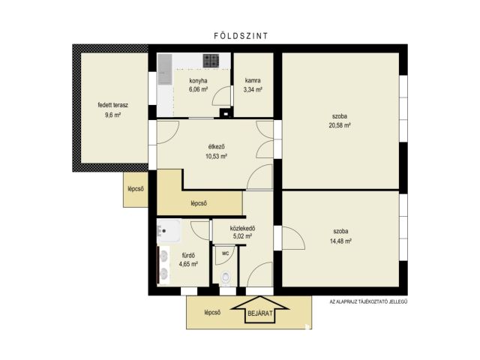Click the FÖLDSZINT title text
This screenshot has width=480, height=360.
point(241,36)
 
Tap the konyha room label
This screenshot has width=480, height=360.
point(198,81)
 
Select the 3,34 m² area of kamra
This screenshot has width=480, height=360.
point(253,90)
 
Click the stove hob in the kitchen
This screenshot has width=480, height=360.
point(211,61)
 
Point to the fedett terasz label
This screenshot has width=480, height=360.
point(113,105)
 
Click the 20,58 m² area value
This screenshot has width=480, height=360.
point(340,125)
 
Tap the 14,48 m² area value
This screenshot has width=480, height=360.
point(340,241)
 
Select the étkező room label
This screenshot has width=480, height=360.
point(217,147)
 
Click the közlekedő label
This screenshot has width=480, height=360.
point(242,228)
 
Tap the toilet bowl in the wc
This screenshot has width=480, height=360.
point(226,277)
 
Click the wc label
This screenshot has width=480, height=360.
point(225,253)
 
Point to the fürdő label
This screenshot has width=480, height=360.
point(188,255)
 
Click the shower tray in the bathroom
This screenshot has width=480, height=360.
point(168,231)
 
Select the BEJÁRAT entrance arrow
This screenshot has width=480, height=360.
point(260,310)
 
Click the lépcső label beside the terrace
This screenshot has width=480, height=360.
point(136,189)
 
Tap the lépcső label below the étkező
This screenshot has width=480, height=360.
point(199,203)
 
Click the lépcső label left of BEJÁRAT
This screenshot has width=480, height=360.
point(212,313)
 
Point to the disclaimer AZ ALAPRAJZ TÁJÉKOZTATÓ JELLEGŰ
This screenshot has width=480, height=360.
point(368,301)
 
